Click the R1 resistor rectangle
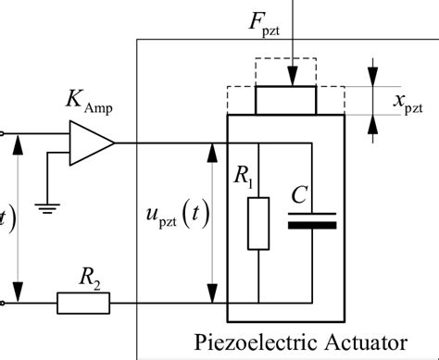tap(258, 223)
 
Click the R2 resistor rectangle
tap(83, 303)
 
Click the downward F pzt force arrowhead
tap(292, 80)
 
